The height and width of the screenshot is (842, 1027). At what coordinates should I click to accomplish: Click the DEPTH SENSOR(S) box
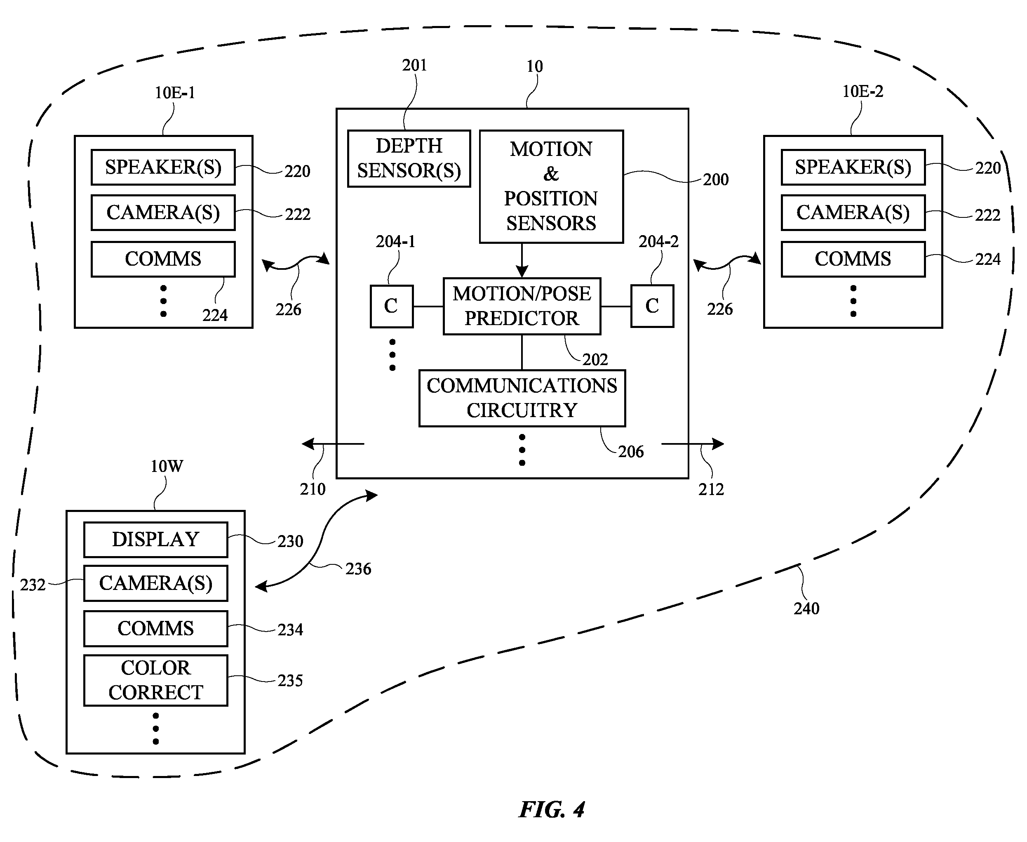(x=409, y=158)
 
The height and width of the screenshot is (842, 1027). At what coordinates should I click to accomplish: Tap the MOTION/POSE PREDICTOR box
(x=522, y=306)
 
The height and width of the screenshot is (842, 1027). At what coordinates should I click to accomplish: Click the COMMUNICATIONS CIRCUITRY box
(x=522, y=398)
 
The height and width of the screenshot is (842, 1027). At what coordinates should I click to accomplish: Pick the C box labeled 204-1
(x=392, y=306)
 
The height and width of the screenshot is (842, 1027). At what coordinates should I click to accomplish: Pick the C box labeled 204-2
(x=652, y=306)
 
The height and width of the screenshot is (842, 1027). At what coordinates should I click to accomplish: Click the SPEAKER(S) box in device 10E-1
(x=163, y=167)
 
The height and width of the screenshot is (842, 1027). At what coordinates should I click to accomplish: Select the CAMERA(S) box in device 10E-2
(x=853, y=212)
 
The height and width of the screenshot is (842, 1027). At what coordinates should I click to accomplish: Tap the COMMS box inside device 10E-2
(x=853, y=259)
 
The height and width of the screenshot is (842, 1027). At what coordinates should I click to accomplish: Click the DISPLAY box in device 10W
(x=155, y=539)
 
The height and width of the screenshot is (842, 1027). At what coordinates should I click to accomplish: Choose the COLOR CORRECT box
(x=155, y=680)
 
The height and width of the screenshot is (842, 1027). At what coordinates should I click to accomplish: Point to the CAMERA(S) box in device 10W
(x=155, y=583)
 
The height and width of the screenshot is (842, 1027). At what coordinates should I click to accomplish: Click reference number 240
(x=806, y=608)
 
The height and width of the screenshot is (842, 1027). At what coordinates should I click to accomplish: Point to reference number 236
(x=358, y=568)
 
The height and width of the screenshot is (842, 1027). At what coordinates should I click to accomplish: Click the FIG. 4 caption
(x=552, y=809)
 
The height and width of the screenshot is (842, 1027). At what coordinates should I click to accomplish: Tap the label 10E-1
(x=174, y=92)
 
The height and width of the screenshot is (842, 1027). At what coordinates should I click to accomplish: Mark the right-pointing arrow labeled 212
(x=693, y=443)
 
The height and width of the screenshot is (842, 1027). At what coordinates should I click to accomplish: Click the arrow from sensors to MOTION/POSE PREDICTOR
(x=522, y=260)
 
